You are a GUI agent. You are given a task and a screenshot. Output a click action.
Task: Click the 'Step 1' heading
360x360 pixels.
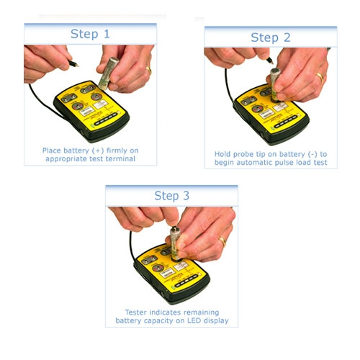pyautogui.click(x=89, y=34)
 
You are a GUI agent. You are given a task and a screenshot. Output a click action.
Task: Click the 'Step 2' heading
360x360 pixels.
pyautogui.click(x=269, y=37)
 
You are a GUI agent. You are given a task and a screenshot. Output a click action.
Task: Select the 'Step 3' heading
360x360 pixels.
pyautogui.click(x=172, y=196)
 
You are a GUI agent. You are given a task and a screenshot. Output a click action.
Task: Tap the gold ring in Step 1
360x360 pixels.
pyautogui.click(x=148, y=70)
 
